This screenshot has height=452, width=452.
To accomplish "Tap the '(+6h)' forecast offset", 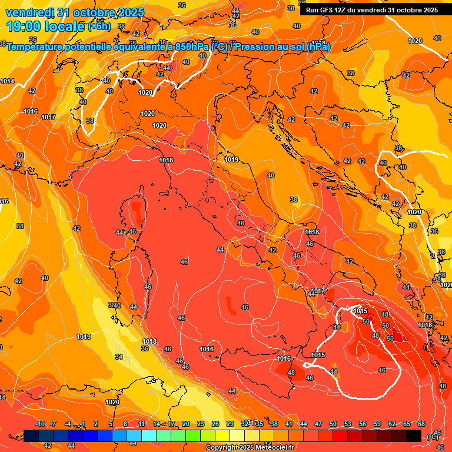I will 99,26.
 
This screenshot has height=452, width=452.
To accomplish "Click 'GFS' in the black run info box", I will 326,10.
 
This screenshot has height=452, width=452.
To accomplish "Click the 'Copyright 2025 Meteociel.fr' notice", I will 250,448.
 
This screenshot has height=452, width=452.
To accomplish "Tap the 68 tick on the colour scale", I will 421,424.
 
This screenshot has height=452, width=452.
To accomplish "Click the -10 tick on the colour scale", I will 40,424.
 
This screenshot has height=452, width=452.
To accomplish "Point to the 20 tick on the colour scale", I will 186,424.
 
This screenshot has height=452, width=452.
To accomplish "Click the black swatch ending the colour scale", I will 414,436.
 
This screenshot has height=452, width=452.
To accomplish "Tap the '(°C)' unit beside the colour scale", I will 432,436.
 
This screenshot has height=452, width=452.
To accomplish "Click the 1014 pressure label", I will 7,81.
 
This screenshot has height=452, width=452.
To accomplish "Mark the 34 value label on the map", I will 119,357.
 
